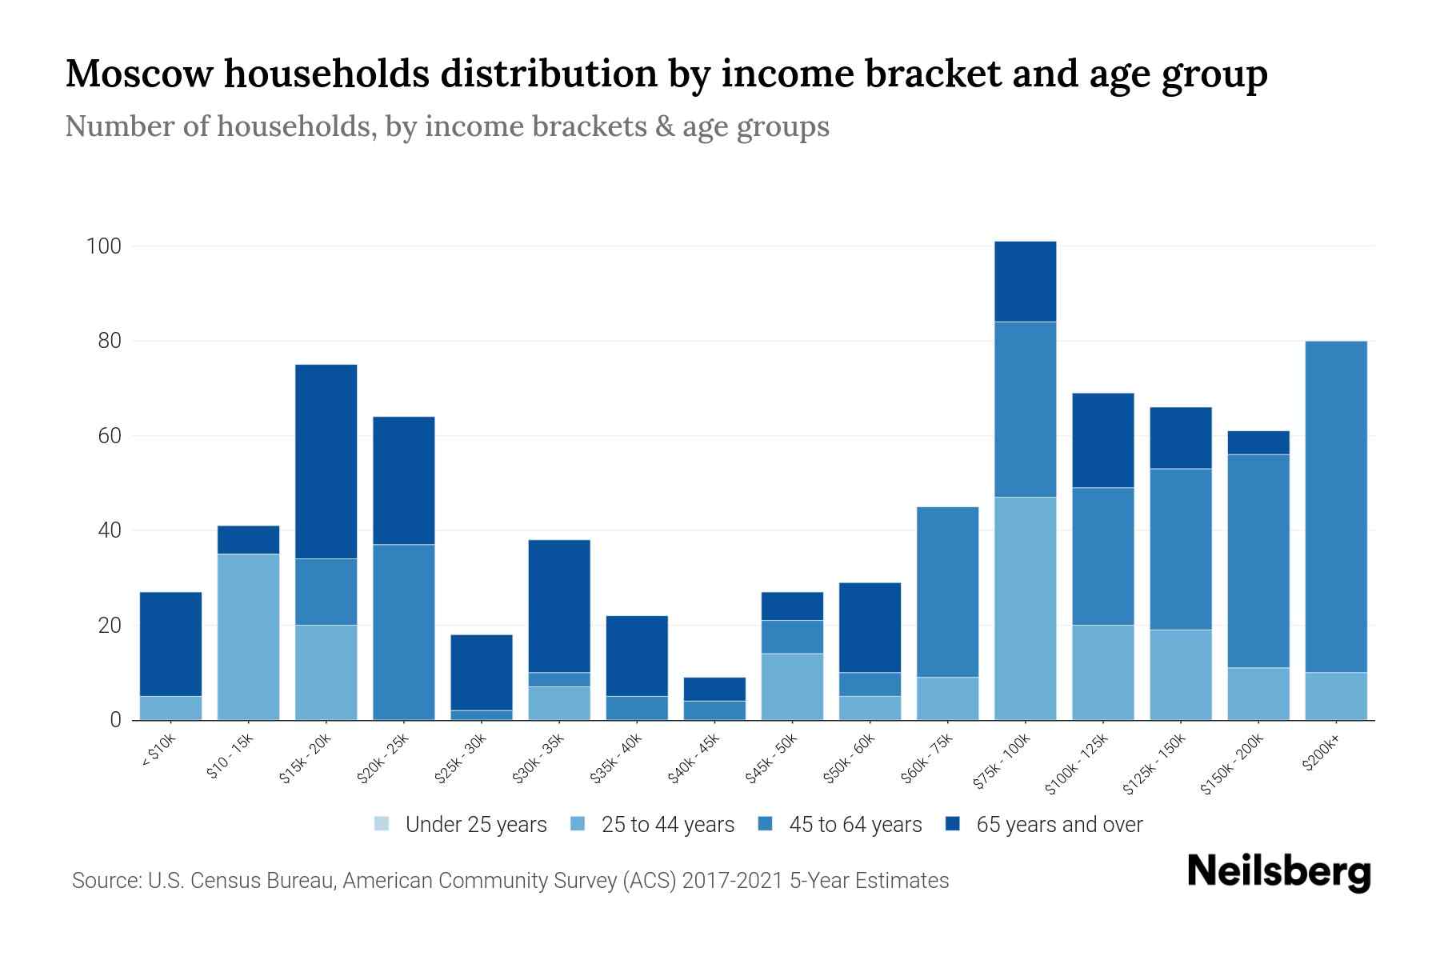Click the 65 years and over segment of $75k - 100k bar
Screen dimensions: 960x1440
coord(1025,282)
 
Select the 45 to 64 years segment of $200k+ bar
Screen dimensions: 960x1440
coord(1335,506)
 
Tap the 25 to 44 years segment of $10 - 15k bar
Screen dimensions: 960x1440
coord(248,637)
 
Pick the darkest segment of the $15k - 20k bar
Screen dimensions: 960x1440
coord(326,462)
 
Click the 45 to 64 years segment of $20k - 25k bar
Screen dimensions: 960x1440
coord(403,632)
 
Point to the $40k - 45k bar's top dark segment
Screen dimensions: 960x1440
coord(714,690)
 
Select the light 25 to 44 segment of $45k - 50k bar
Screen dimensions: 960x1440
coord(792,686)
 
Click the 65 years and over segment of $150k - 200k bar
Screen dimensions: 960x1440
coord(1258,442)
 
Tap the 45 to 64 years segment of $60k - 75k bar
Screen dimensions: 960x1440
coord(947,592)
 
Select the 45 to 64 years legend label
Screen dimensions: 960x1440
coord(855,825)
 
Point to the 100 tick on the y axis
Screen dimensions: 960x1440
coord(103,246)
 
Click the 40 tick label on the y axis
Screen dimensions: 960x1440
coord(110,530)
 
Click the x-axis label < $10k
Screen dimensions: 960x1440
coord(160,751)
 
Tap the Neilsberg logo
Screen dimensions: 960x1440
coord(1278,872)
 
